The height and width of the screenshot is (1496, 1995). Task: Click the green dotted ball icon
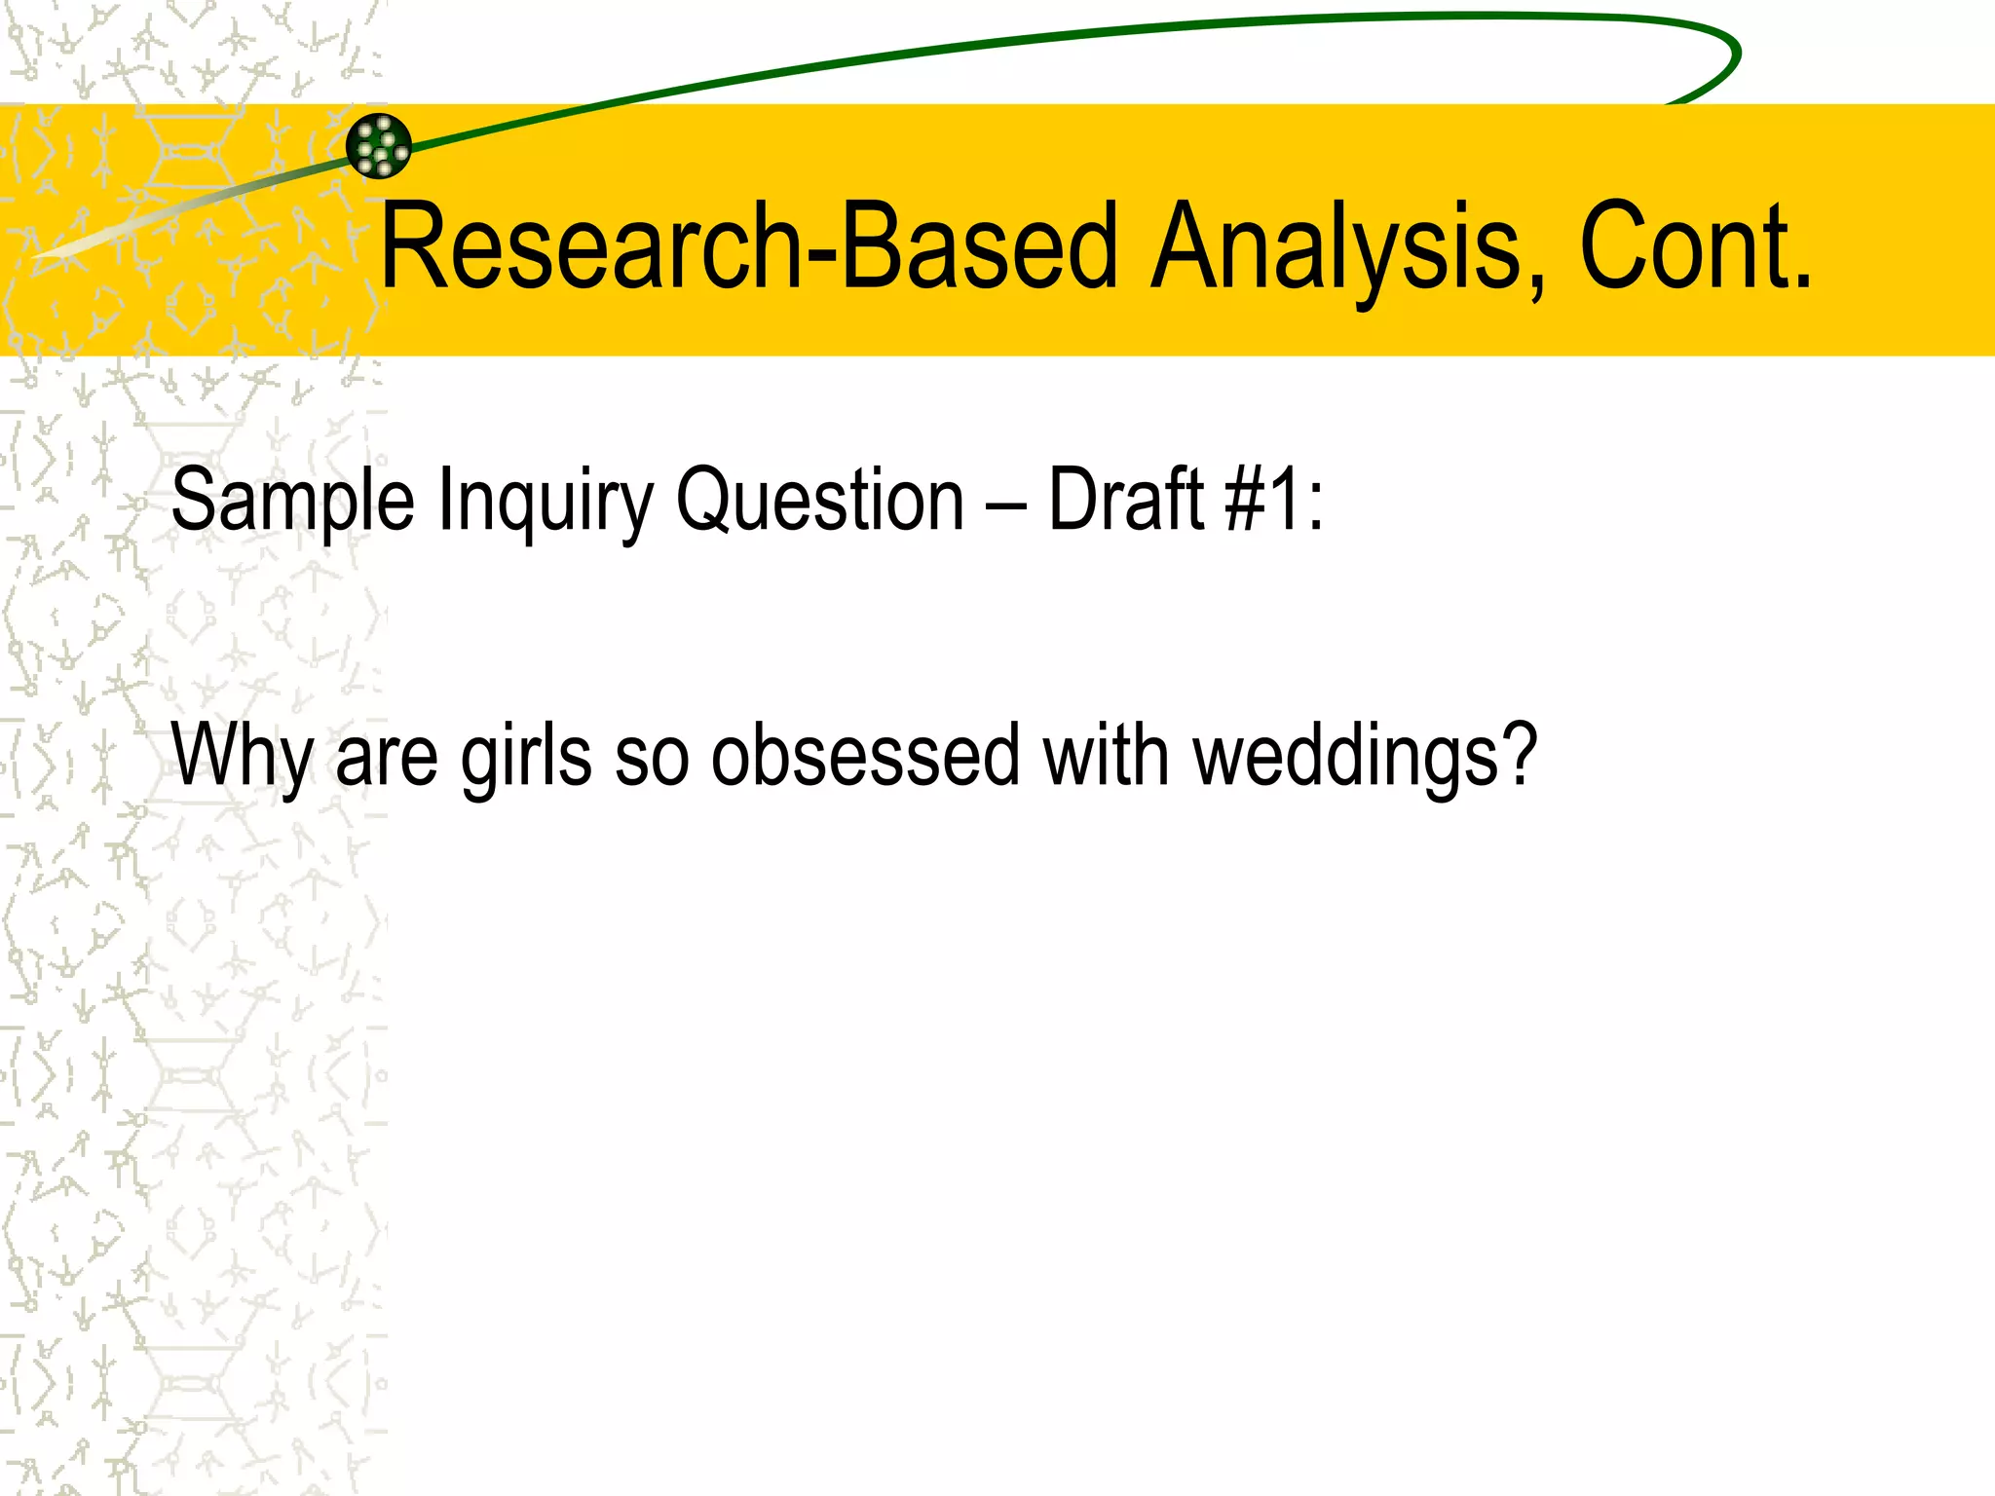pos(379,146)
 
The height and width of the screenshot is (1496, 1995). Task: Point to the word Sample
pos(292,500)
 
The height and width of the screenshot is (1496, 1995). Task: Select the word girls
pos(526,756)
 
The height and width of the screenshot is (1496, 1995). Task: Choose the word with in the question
pos(1106,756)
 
